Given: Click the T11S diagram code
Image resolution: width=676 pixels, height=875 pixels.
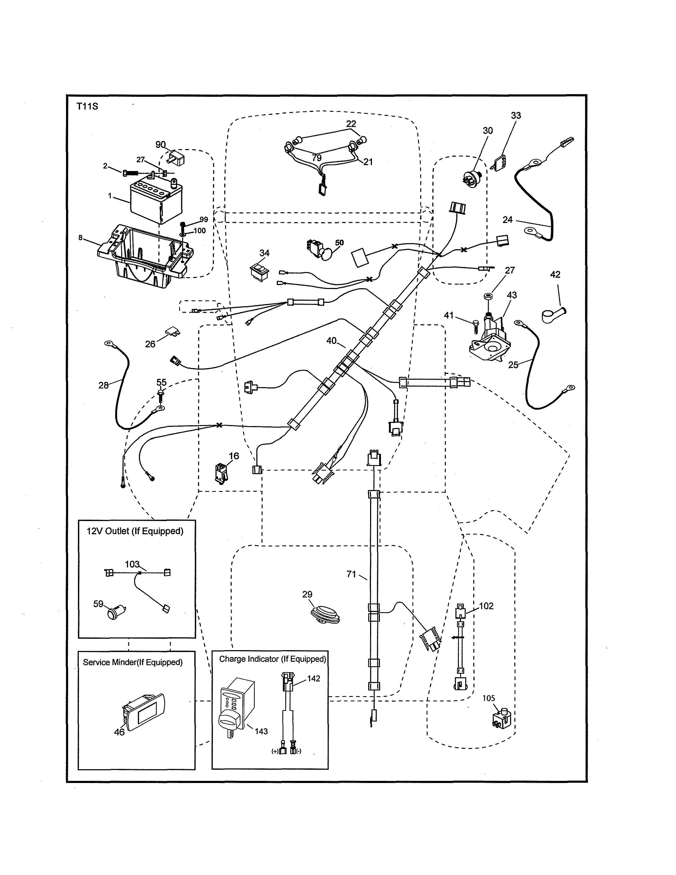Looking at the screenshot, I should [x=87, y=107].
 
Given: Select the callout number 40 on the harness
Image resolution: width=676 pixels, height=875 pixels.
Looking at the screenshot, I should [x=331, y=340].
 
